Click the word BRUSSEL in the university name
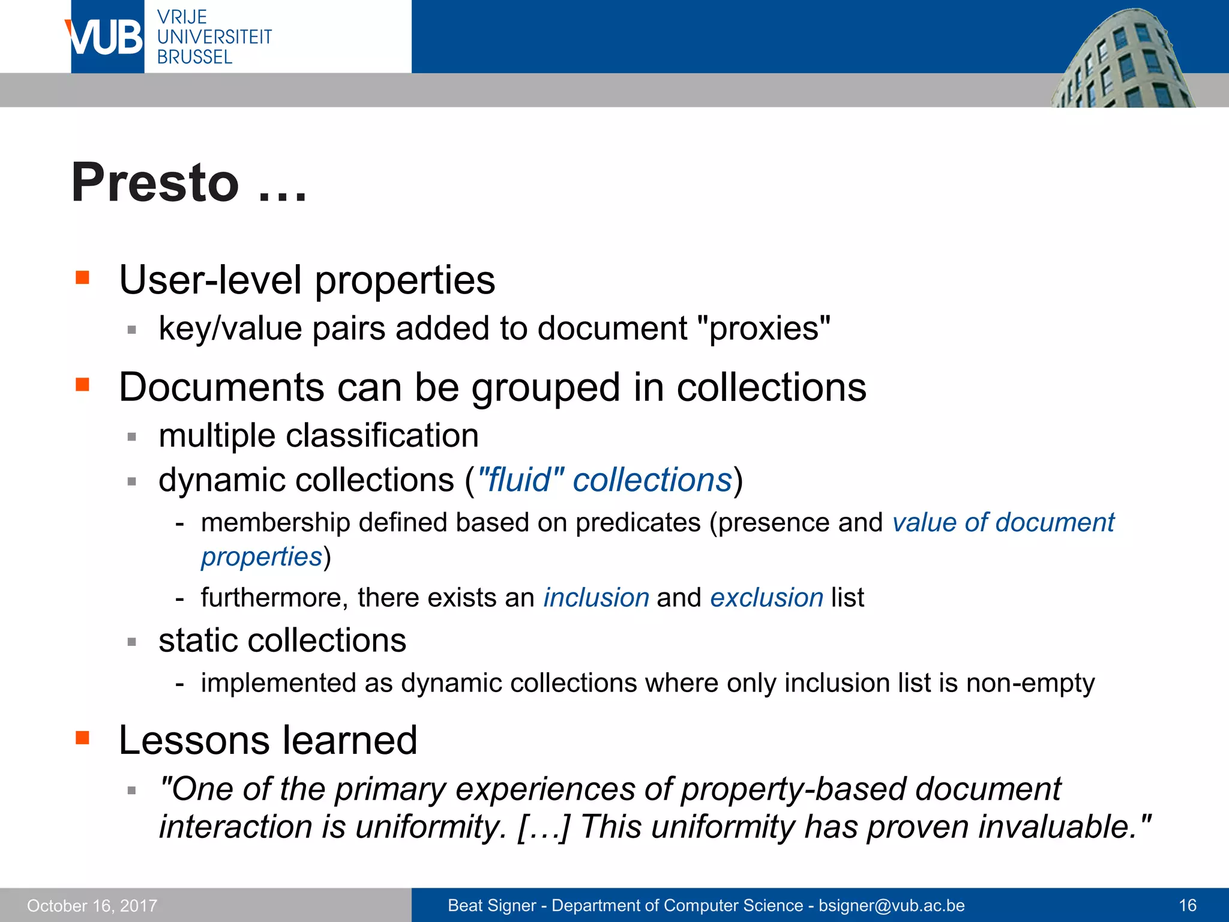194,58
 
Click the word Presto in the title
155,182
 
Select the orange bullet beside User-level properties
82,277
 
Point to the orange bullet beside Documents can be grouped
82,384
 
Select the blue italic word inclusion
596,598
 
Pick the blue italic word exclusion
766,598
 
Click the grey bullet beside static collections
132,642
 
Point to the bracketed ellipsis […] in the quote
542,827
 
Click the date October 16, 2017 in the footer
92,905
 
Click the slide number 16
1188,905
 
